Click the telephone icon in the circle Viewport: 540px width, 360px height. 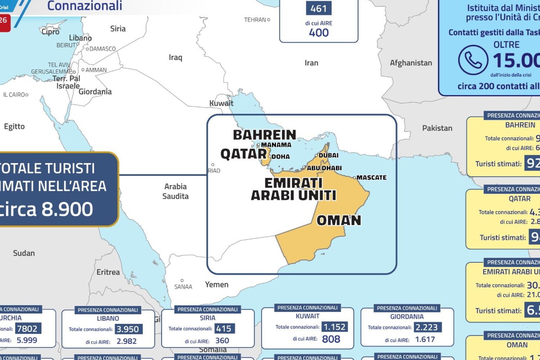tap(473, 60)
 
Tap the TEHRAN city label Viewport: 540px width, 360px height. tap(255, 20)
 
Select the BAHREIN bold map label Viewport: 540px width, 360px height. tap(264, 135)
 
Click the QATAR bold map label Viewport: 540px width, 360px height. tap(243, 154)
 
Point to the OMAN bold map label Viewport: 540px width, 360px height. tap(338, 220)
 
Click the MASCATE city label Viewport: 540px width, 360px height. tap(371, 177)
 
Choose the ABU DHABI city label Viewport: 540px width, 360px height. tap(324, 168)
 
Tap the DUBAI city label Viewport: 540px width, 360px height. tap(328, 155)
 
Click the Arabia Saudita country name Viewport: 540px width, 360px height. tap(175, 191)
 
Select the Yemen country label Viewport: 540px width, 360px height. tap(217, 284)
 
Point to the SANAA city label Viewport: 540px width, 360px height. tap(183, 287)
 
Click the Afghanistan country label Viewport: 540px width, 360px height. tap(411, 63)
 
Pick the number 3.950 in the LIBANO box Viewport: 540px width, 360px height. tap(128, 329)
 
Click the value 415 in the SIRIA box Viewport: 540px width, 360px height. tap(224, 328)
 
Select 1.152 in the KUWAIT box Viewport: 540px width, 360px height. tap(334, 327)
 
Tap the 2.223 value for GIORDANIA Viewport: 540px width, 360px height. tap(426, 327)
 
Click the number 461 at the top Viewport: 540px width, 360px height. tap(319, 9)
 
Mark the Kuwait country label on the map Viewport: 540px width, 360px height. tap(221, 103)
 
